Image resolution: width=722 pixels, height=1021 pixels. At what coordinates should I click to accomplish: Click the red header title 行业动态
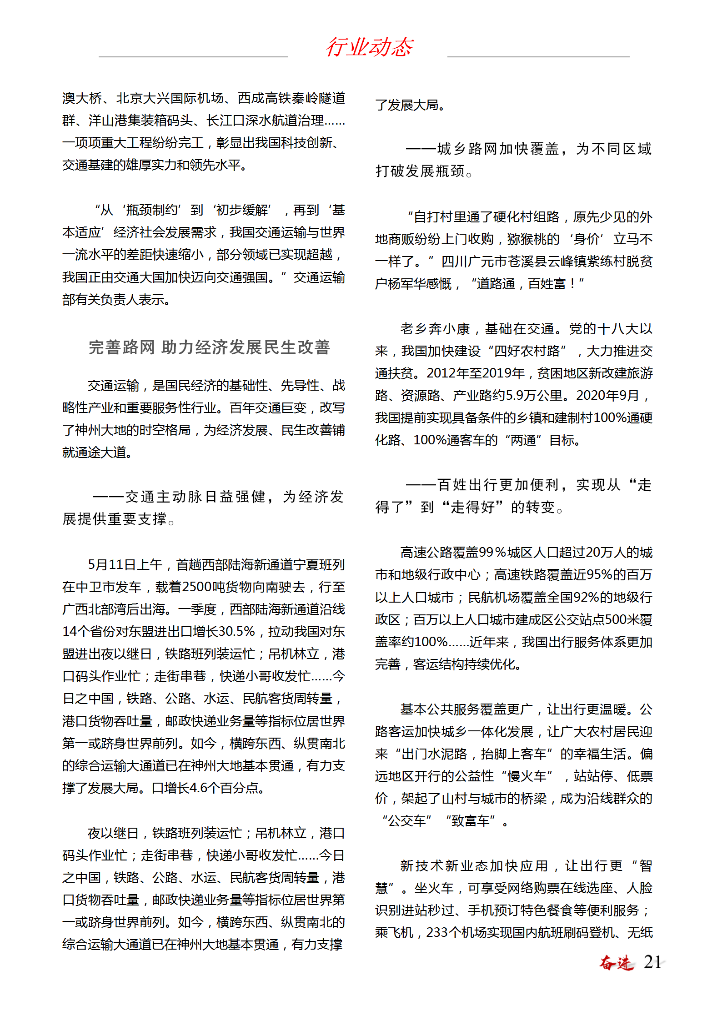point(369,47)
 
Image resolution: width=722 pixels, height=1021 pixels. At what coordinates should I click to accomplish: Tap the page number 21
point(652,962)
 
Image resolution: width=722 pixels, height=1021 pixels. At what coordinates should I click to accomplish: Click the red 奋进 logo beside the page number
point(617,963)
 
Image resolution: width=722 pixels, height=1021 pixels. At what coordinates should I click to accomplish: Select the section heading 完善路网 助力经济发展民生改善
point(209,347)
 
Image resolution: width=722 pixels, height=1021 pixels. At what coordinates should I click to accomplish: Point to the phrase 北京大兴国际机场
point(170,98)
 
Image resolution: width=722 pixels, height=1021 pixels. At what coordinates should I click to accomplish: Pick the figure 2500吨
point(196,587)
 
